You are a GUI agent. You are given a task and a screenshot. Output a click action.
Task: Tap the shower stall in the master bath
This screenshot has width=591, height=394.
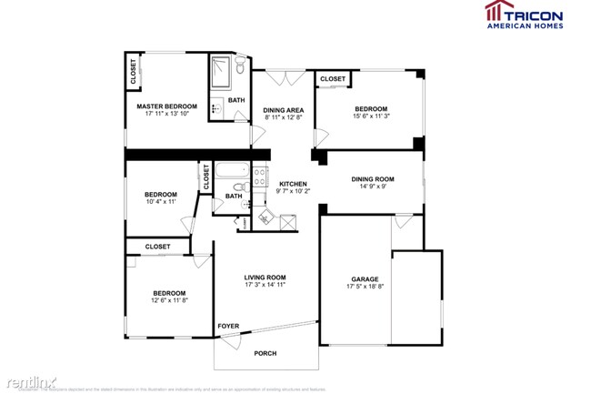220,69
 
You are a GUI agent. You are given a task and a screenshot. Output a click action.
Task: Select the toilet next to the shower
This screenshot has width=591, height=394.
241,67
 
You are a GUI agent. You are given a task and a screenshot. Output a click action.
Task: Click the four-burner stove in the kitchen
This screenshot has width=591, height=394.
260,178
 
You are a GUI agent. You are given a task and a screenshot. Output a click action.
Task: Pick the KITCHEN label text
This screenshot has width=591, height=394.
293,183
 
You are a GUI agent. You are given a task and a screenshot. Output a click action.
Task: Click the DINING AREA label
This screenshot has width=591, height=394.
284,110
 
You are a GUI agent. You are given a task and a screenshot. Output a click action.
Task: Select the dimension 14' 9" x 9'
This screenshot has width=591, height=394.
373,187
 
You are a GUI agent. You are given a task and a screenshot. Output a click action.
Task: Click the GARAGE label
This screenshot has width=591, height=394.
365,278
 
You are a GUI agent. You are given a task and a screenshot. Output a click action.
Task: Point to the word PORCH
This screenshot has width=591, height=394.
265,353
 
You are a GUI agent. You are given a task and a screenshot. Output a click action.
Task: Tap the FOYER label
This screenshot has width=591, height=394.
227,325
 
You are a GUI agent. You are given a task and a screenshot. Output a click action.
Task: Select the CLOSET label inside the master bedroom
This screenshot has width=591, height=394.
134,73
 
